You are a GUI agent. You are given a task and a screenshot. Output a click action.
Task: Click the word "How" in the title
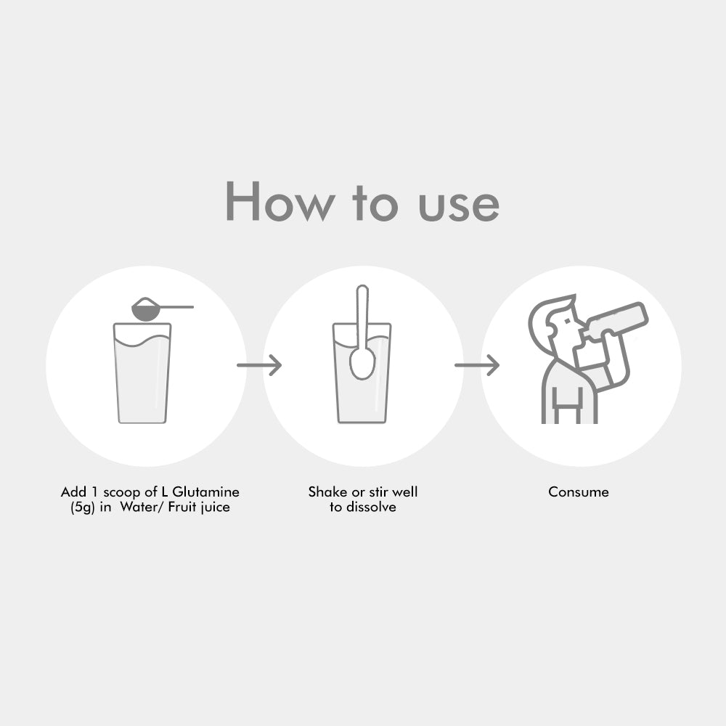(280, 201)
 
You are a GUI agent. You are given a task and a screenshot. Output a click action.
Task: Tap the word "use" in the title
(459, 206)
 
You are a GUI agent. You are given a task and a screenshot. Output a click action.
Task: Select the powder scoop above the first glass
(162, 309)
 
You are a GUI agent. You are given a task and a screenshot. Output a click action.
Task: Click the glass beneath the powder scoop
(142, 373)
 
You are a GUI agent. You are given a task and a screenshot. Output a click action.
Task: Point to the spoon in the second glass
(362, 332)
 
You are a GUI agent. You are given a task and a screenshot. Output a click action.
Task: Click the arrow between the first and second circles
(259, 365)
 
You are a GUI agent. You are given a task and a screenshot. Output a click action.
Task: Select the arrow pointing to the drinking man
(477, 365)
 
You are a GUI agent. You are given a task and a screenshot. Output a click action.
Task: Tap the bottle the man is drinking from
(615, 320)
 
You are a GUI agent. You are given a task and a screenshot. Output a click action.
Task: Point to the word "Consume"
(579, 492)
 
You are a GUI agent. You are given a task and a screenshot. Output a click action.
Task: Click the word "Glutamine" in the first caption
(206, 492)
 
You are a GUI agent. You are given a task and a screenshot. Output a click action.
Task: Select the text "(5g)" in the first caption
(83, 507)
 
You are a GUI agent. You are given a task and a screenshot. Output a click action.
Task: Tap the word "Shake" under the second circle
(327, 492)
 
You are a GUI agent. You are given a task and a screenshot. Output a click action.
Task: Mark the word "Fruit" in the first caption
(182, 507)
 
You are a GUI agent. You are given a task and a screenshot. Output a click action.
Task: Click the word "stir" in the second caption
(378, 492)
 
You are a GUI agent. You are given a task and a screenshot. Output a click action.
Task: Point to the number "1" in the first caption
(94, 492)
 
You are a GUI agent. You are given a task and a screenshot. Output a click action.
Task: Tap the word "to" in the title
(375, 203)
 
